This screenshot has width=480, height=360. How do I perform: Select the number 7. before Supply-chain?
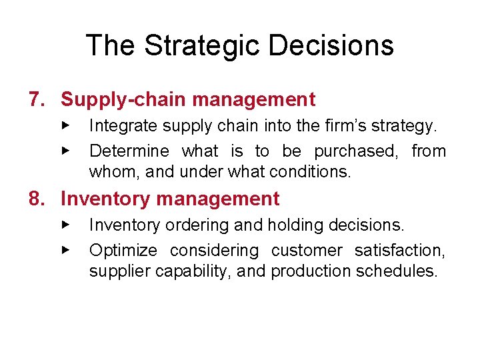[38, 100]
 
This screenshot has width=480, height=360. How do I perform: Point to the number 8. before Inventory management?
[38, 199]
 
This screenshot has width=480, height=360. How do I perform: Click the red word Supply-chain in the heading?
[110, 100]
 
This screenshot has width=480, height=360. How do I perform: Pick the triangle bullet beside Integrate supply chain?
[65, 125]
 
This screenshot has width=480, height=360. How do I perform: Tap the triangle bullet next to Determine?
[65, 151]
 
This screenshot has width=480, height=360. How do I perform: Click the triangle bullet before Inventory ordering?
[65, 225]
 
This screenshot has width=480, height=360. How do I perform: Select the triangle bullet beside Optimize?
[65, 251]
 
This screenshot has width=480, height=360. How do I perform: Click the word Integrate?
[117, 125]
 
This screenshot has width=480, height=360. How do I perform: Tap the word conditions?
[310, 172]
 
